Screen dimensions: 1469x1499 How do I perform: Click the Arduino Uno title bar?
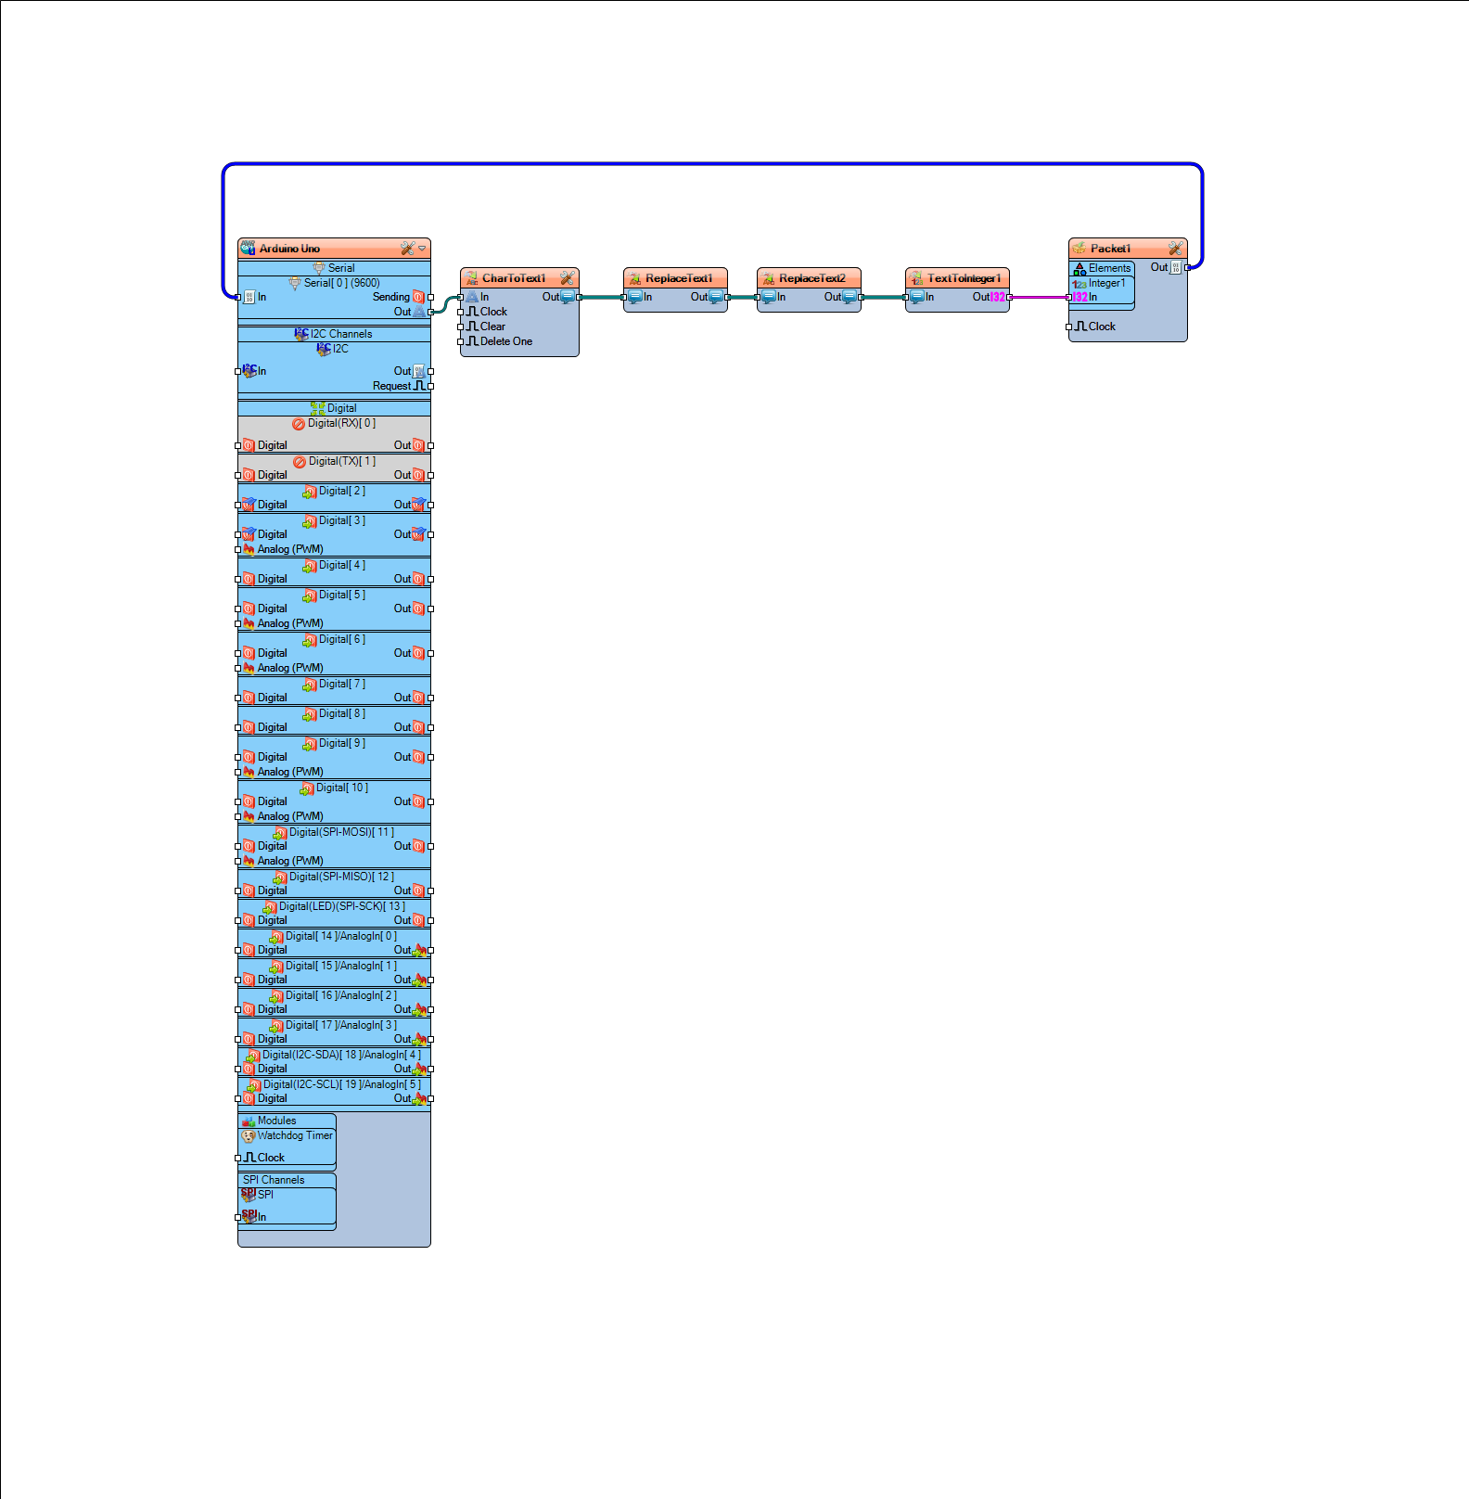click(x=334, y=249)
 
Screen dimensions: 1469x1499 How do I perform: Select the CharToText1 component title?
click(x=514, y=278)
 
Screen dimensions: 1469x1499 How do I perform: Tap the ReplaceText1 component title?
click(x=679, y=278)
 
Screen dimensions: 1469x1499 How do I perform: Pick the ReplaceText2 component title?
click(x=812, y=278)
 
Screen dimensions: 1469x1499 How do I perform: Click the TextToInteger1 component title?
click(x=964, y=278)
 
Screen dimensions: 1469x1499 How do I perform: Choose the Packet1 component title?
click(x=1110, y=249)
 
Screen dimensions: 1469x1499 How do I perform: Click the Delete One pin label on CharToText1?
click(x=506, y=341)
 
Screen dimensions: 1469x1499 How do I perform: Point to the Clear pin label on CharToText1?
click(x=492, y=327)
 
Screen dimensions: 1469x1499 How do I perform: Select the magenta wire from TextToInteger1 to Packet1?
click(x=1040, y=298)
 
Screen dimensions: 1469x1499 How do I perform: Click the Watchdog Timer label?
click(x=295, y=1135)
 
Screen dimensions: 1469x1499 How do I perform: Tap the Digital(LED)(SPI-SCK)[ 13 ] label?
click(x=342, y=906)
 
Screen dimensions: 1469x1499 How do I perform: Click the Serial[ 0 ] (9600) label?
click(x=342, y=283)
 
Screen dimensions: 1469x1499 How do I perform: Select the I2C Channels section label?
click(x=341, y=334)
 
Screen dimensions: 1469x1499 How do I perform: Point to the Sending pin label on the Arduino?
click(x=391, y=297)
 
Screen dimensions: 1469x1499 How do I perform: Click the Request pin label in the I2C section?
click(x=391, y=386)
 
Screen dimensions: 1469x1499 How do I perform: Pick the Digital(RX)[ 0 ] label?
click(x=342, y=423)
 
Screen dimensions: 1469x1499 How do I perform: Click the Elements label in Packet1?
click(x=1109, y=268)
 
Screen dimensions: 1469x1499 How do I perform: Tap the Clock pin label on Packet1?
click(x=1102, y=327)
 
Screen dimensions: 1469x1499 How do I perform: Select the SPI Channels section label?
click(x=274, y=1180)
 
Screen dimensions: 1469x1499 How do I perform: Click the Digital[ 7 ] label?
click(x=342, y=684)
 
